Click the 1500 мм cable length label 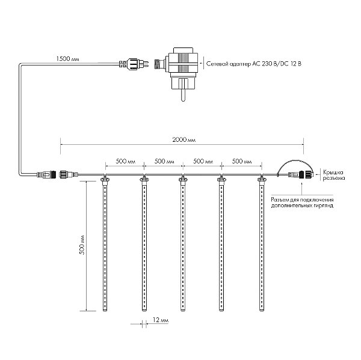coord(67,59)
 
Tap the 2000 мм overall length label coord(184,139)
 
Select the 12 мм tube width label coord(161,320)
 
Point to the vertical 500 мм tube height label coord(82,245)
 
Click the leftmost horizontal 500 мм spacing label coord(125,161)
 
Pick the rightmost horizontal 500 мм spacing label coord(242,161)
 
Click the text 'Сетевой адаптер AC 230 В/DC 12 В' coord(254,64)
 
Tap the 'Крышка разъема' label coord(333,175)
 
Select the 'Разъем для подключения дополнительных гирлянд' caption coord(302,203)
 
